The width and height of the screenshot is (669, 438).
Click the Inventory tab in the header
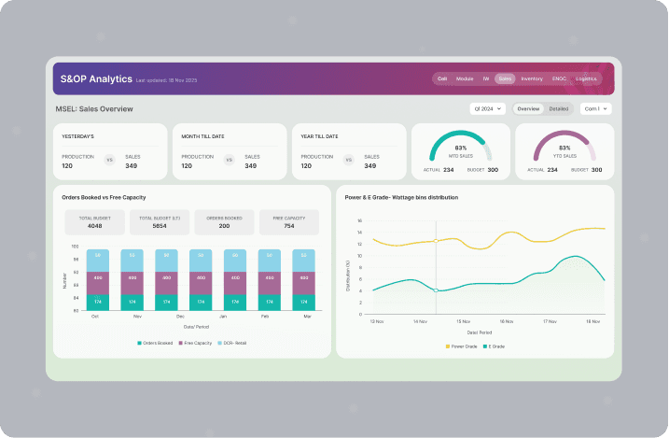click(x=532, y=79)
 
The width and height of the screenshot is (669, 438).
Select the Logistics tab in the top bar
click(x=586, y=79)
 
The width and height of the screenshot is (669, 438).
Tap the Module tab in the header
click(x=465, y=79)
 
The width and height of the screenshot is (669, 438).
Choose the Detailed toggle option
click(x=558, y=109)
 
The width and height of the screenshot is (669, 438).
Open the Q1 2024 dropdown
click(x=488, y=109)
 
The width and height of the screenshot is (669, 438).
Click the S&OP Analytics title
click(x=93, y=79)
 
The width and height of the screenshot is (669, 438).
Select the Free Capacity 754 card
click(x=288, y=222)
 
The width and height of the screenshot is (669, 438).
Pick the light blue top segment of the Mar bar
click(x=303, y=255)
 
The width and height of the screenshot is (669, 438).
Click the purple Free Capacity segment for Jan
click(x=234, y=277)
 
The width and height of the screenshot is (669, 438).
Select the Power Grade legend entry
click(x=461, y=346)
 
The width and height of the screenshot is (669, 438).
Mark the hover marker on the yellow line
click(x=436, y=241)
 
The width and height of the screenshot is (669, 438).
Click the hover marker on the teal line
click(x=436, y=290)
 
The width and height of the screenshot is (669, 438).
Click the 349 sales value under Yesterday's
click(x=131, y=165)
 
